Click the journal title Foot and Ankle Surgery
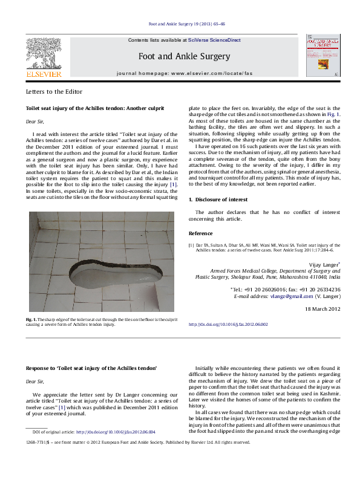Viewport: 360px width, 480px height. click(185, 56)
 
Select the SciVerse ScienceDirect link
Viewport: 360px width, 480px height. click(214, 40)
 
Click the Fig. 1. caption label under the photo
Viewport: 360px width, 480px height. click(31, 319)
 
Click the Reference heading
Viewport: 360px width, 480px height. click(201, 233)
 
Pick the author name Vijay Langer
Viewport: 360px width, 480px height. click(321, 264)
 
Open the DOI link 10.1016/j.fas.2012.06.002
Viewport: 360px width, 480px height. click(228, 325)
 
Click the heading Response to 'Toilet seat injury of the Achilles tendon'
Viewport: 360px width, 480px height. click(91, 368)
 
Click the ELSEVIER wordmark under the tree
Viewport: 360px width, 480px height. click(44, 74)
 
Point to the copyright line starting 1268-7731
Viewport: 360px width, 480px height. click(138, 442)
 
